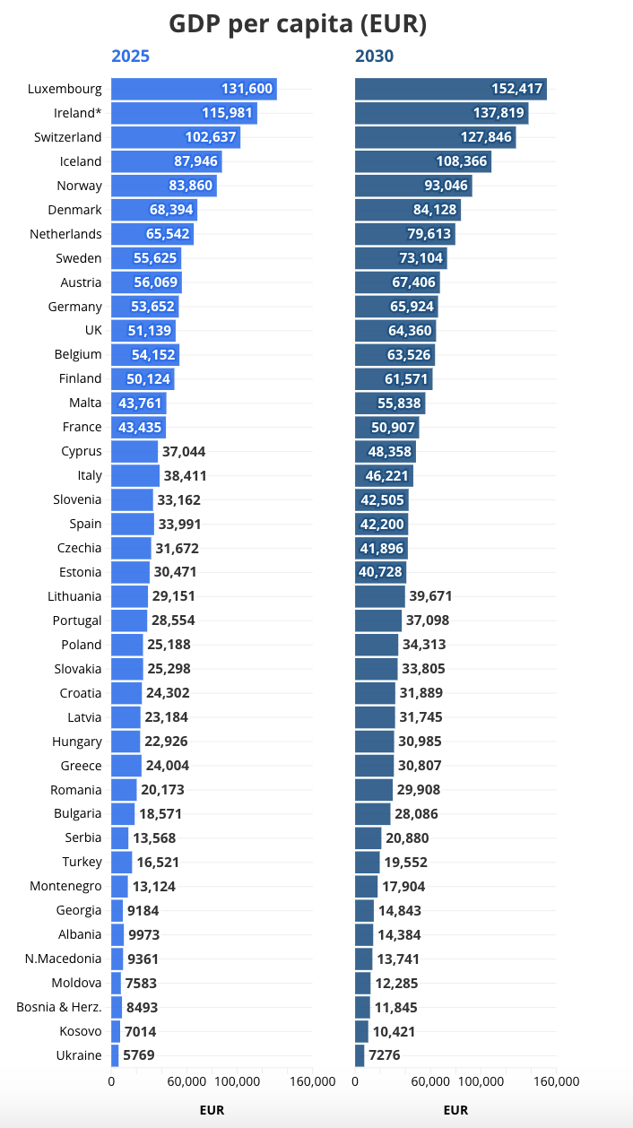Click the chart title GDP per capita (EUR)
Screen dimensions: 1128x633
(298, 24)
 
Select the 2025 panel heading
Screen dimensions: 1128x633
(130, 56)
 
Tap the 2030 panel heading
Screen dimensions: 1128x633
(374, 56)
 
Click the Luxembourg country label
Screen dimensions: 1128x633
(65, 89)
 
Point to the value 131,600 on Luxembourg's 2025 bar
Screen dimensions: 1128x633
(247, 89)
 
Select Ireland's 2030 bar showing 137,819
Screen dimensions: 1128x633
(441, 113)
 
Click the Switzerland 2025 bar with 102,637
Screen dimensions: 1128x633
(175, 137)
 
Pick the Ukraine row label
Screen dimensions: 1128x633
(79, 1055)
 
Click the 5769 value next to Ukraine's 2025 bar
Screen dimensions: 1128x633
(140, 1055)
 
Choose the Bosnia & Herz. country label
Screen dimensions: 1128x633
(59, 1007)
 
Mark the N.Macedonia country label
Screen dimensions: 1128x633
(64, 959)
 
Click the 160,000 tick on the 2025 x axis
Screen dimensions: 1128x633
(312, 1081)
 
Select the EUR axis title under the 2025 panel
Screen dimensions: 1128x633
(212, 1110)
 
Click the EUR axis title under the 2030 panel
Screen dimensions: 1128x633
(455, 1110)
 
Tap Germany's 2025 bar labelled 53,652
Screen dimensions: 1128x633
(144, 307)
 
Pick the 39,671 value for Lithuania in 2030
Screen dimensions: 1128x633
(430, 596)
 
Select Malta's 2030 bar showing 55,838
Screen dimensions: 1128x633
(389, 403)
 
